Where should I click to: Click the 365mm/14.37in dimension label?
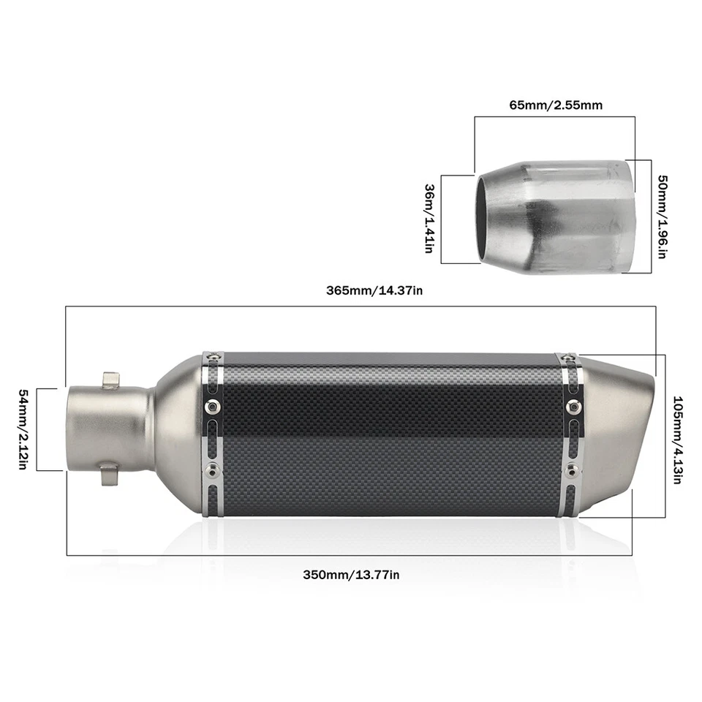374,290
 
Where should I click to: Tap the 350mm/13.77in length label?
351,574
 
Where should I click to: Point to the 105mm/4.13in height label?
678,441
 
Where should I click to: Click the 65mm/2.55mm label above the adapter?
556,105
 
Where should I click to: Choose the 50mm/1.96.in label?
663,216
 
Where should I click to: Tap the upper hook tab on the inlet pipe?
110,380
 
